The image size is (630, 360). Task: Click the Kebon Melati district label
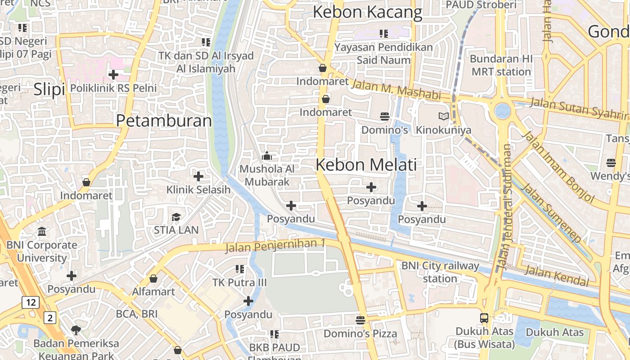(x=366, y=165)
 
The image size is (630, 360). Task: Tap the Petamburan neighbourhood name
(x=164, y=121)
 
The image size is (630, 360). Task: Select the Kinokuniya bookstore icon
(x=444, y=117)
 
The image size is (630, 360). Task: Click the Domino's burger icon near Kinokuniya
(x=384, y=117)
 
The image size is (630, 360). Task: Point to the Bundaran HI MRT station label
(x=501, y=65)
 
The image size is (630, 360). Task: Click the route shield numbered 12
(x=31, y=302)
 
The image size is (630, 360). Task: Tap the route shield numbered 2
(x=50, y=318)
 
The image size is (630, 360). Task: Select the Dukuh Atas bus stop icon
(x=484, y=318)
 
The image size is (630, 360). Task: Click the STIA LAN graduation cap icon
(x=176, y=217)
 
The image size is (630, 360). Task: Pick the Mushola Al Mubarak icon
(x=267, y=156)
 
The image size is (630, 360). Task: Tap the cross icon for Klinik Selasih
(x=198, y=176)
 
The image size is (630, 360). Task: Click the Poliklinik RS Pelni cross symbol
(x=113, y=74)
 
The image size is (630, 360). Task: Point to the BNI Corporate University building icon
(x=42, y=232)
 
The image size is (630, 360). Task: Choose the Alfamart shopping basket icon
(x=153, y=279)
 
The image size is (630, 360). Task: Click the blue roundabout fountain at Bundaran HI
(x=502, y=110)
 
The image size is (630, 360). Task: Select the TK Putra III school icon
(x=240, y=269)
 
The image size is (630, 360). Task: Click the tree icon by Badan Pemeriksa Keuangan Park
(x=76, y=330)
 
